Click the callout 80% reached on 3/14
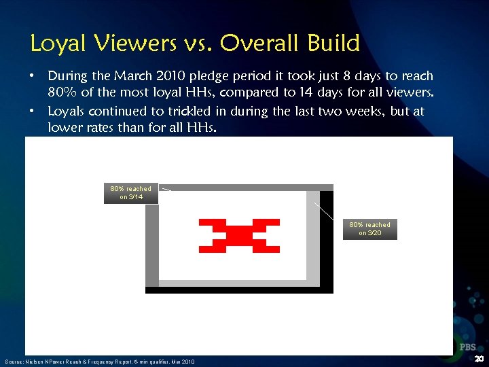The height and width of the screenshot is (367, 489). click(131, 193)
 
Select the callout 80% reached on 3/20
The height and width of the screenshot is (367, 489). click(370, 228)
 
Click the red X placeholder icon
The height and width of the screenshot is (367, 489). click(238, 234)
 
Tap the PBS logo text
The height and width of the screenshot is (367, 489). click(467, 347)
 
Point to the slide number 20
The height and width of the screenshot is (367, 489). click(479, 359)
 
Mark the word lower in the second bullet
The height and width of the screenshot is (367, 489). click(63, 128)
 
